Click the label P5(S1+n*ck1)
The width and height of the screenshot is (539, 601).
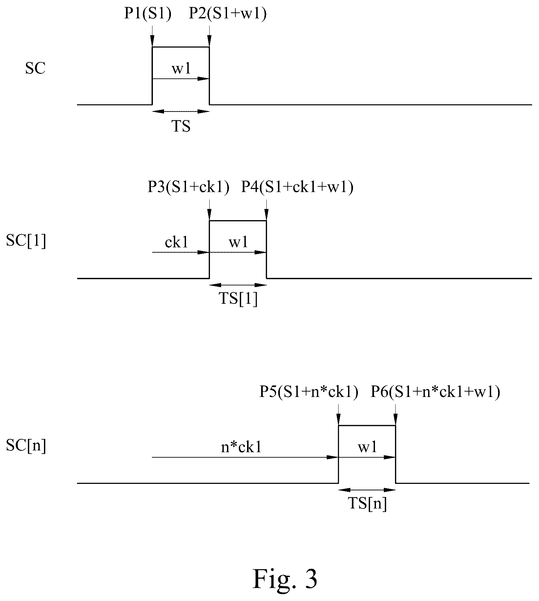click(309, 392)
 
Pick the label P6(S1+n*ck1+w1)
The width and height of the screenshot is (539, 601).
click(435, 392)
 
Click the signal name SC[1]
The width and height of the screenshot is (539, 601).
click(26, 242)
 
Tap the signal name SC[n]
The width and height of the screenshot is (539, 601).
click(26, 446)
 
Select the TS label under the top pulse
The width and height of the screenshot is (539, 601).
click(181, 126)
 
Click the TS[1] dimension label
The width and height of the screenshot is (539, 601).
click(238, 300)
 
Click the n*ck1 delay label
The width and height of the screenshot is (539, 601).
click(241, 447)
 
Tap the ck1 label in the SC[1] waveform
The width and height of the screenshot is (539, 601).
click(176, 243)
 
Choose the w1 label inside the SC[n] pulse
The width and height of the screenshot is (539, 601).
click(367, 447)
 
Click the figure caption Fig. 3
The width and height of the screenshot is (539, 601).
click(285, 579)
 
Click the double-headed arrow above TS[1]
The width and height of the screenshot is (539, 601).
click(238, 285)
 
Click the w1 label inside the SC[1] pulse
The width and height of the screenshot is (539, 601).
click(238, 243)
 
